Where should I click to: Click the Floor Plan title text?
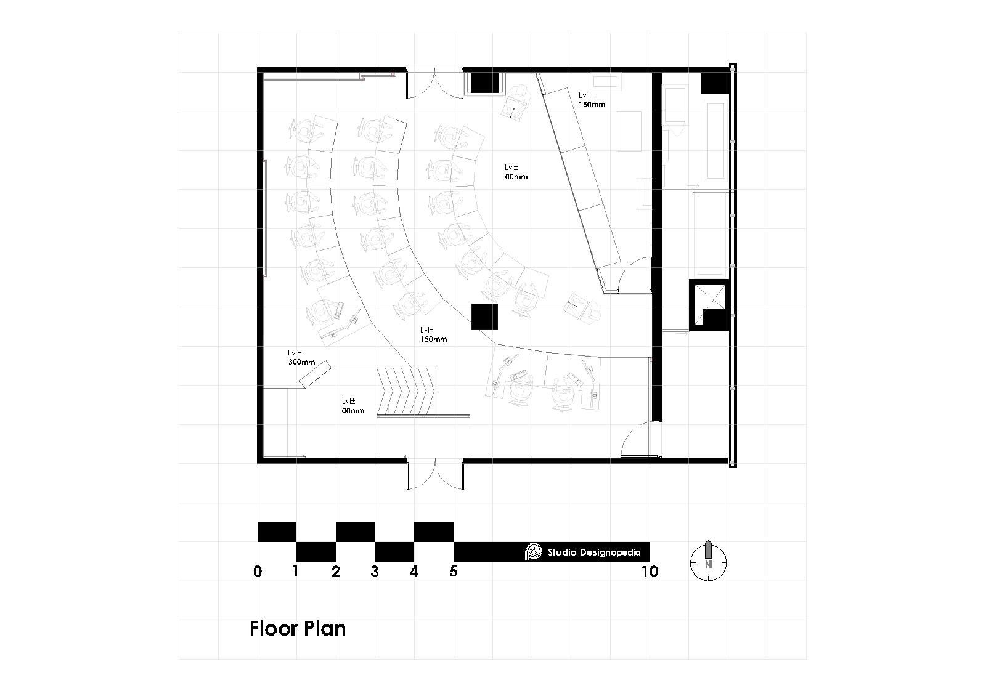(x=298, y=629)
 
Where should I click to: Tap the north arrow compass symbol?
(x=709, y=561)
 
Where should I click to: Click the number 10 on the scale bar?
(x=650, y=572)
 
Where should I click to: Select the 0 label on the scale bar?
(x=258, y=572)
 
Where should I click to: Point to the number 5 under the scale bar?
(x=454, y=572)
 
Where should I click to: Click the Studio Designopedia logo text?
(x=593, y=552)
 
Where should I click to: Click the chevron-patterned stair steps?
(x=406, y=391)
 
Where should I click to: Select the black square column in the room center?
(x=484, y=317)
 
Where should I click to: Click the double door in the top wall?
(x=434, y=84)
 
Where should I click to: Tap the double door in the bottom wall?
(x=434, y=474)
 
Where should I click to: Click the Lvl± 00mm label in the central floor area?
(x=516, y=172)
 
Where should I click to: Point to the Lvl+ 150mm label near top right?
(x=591, y=100)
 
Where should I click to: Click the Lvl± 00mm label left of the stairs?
(x=353, y=406)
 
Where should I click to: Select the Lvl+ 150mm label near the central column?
(x=434, y=334)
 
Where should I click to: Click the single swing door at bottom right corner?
(x=636, y=440)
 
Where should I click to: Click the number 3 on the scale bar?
(x=375, y=572)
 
